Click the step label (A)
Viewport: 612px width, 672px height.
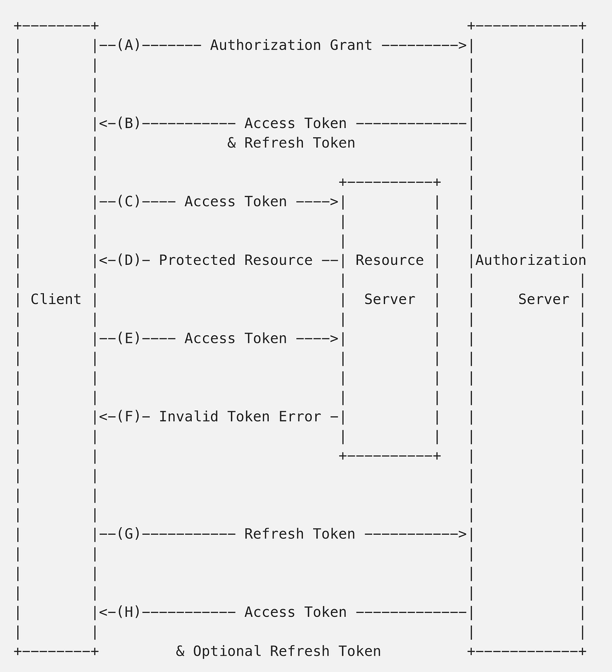coord(129,45)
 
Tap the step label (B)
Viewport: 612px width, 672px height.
coord(129,123)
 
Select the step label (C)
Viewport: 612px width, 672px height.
coord(129,202)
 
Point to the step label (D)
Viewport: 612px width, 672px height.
coord(129,260)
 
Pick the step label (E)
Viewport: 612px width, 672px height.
coord(129,338)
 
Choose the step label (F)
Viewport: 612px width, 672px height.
coord(129,417)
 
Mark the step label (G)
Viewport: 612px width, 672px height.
coord(129,534)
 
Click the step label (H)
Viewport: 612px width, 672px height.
coord(129,612)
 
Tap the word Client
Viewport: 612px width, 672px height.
coord(56,300)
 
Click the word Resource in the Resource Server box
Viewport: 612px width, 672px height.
coord(390,260)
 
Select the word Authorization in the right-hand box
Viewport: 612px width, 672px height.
coord(530,260)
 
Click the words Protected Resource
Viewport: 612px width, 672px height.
coord(236,260)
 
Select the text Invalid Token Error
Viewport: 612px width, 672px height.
coord(240,417)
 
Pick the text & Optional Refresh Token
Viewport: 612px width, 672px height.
coord(278,652)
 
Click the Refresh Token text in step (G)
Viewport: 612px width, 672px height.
coord(299,534)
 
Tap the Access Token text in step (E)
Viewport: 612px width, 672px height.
coord(236,338)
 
